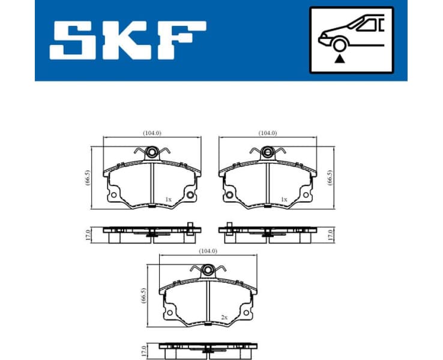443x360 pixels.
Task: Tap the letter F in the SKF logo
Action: tap(180, 40)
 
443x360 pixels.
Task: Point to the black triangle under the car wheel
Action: tap(340, 58)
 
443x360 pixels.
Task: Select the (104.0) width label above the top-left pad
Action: tap(152, 133)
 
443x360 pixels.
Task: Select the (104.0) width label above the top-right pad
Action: tap(267, 133)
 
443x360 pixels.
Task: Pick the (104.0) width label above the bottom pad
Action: tap(207, 251)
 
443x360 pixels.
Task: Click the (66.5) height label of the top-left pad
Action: tap(87, 178)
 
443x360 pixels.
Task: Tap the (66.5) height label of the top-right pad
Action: tap(330, 178)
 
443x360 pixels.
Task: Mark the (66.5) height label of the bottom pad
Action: tap(143, 297)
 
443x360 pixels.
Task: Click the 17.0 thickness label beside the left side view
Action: tap(88, 233)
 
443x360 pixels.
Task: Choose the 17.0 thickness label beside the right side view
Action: tap(330, 233)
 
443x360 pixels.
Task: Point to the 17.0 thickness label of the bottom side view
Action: tap(143, 350)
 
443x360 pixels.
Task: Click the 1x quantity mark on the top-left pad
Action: tap(168, 199)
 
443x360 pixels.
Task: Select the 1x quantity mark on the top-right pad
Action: tap(284, 199)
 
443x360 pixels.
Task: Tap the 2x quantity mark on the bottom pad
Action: tap(224, 317)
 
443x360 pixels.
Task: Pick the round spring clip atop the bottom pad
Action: tap(208, 271)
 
